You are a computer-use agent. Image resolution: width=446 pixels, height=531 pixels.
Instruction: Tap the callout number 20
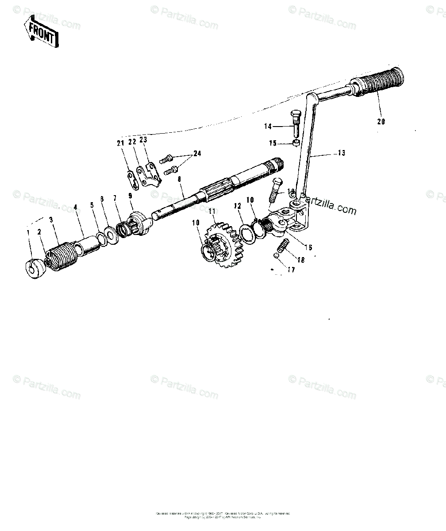(x=381, y=121)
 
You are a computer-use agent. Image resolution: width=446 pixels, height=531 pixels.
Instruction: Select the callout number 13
(x=341, y=154)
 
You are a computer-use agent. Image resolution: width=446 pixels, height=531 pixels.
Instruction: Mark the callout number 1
(x=28, y=232)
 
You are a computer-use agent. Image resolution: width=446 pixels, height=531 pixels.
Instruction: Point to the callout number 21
(x=120, y=142)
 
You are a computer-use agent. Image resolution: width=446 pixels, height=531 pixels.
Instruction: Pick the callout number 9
(x=130, y=196)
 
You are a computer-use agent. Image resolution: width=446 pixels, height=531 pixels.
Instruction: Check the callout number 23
(x=142, y=140)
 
